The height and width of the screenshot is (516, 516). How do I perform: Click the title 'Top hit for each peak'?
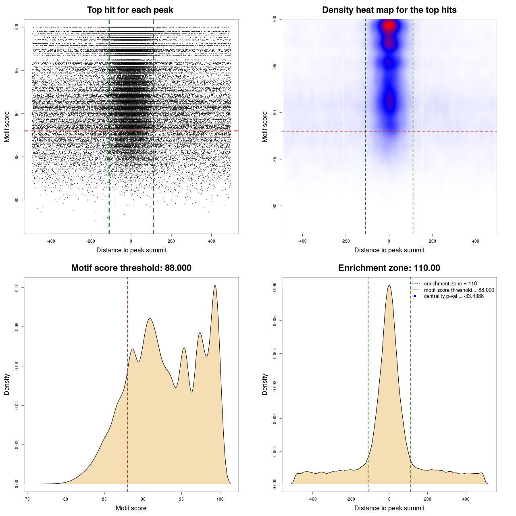pyautogui.click(x=130, y=10)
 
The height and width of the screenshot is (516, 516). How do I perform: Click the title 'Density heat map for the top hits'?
pyautogui.click(x=389, y=10)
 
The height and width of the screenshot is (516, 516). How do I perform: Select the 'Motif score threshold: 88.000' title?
pyautogui.click(x=131, y=268)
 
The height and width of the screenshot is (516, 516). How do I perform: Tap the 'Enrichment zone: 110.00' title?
pyautogui.click(x=389, y=268)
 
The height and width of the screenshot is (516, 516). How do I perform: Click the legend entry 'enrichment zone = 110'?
pyautogui.click(x=450, y=284)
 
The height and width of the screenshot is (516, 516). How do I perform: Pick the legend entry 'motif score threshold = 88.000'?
pyautogui.click(x=459, y=290)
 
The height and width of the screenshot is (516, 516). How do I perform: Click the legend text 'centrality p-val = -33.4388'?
pyautogui.click(x=454, y=296)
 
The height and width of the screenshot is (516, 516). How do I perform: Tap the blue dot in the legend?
pyautogui.click(x=415, y=296)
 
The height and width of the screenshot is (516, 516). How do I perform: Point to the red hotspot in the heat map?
pyautogui.click(x=389, y=26)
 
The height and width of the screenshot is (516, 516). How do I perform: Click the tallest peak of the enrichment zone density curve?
pyautogui.click(x=389, y=286)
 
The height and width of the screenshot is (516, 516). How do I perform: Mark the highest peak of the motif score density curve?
pyautogui.click(x=215, y=286)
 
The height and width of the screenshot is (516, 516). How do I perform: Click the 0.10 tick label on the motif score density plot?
pyautogui.click(x=17, y=287)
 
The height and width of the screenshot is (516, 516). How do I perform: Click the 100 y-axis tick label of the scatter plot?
pyautogui.click(x=17, y=27)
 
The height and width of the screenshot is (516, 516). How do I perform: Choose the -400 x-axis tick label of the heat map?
pyautogui.click(x=302, y=241)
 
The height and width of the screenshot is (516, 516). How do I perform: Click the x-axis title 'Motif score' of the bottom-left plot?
pyautogui.click(x=131, y=508)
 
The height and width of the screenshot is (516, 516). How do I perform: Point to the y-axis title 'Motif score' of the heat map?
pyautogui.click(x=265, y=127)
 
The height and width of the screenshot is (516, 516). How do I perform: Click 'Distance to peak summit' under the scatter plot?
pyautogui.click(x=131, y=250)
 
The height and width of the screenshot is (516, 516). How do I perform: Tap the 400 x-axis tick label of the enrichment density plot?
pyautogui.click(x=466, y=499)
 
